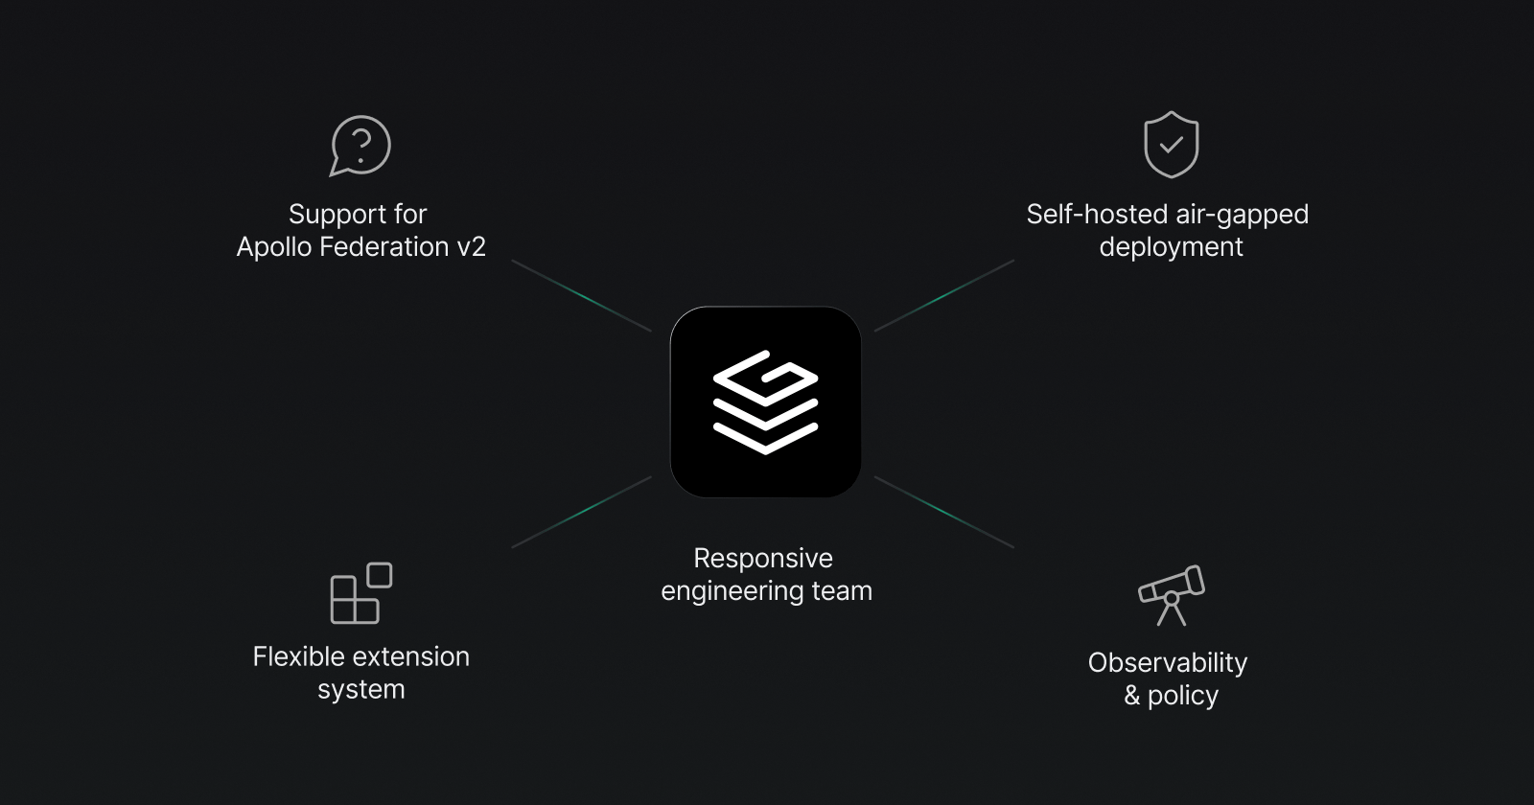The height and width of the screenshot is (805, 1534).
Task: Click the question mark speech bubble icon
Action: pos(360,146)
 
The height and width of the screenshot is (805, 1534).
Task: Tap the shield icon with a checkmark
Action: pos(1171,145)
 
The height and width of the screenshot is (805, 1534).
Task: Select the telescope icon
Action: pos(1171,594)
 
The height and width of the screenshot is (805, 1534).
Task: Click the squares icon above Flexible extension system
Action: pos(360,593)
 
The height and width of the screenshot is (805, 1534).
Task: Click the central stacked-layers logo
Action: pos(765,402)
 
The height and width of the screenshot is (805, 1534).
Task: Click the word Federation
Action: pos(383,247)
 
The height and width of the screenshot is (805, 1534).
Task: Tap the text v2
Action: pos(471,247)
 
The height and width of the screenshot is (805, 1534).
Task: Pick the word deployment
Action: pos(1171,247)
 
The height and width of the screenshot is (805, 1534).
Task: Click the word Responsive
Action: pos(763,558)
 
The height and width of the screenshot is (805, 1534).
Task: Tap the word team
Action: pos(842,591)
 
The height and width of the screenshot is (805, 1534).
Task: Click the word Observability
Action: pos(1168,662)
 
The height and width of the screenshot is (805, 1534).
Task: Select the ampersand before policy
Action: pos(1132,696)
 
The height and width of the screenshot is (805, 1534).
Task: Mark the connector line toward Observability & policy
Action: pos(944,513)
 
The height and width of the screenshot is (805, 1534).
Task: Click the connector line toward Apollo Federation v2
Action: pos(582,296)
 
